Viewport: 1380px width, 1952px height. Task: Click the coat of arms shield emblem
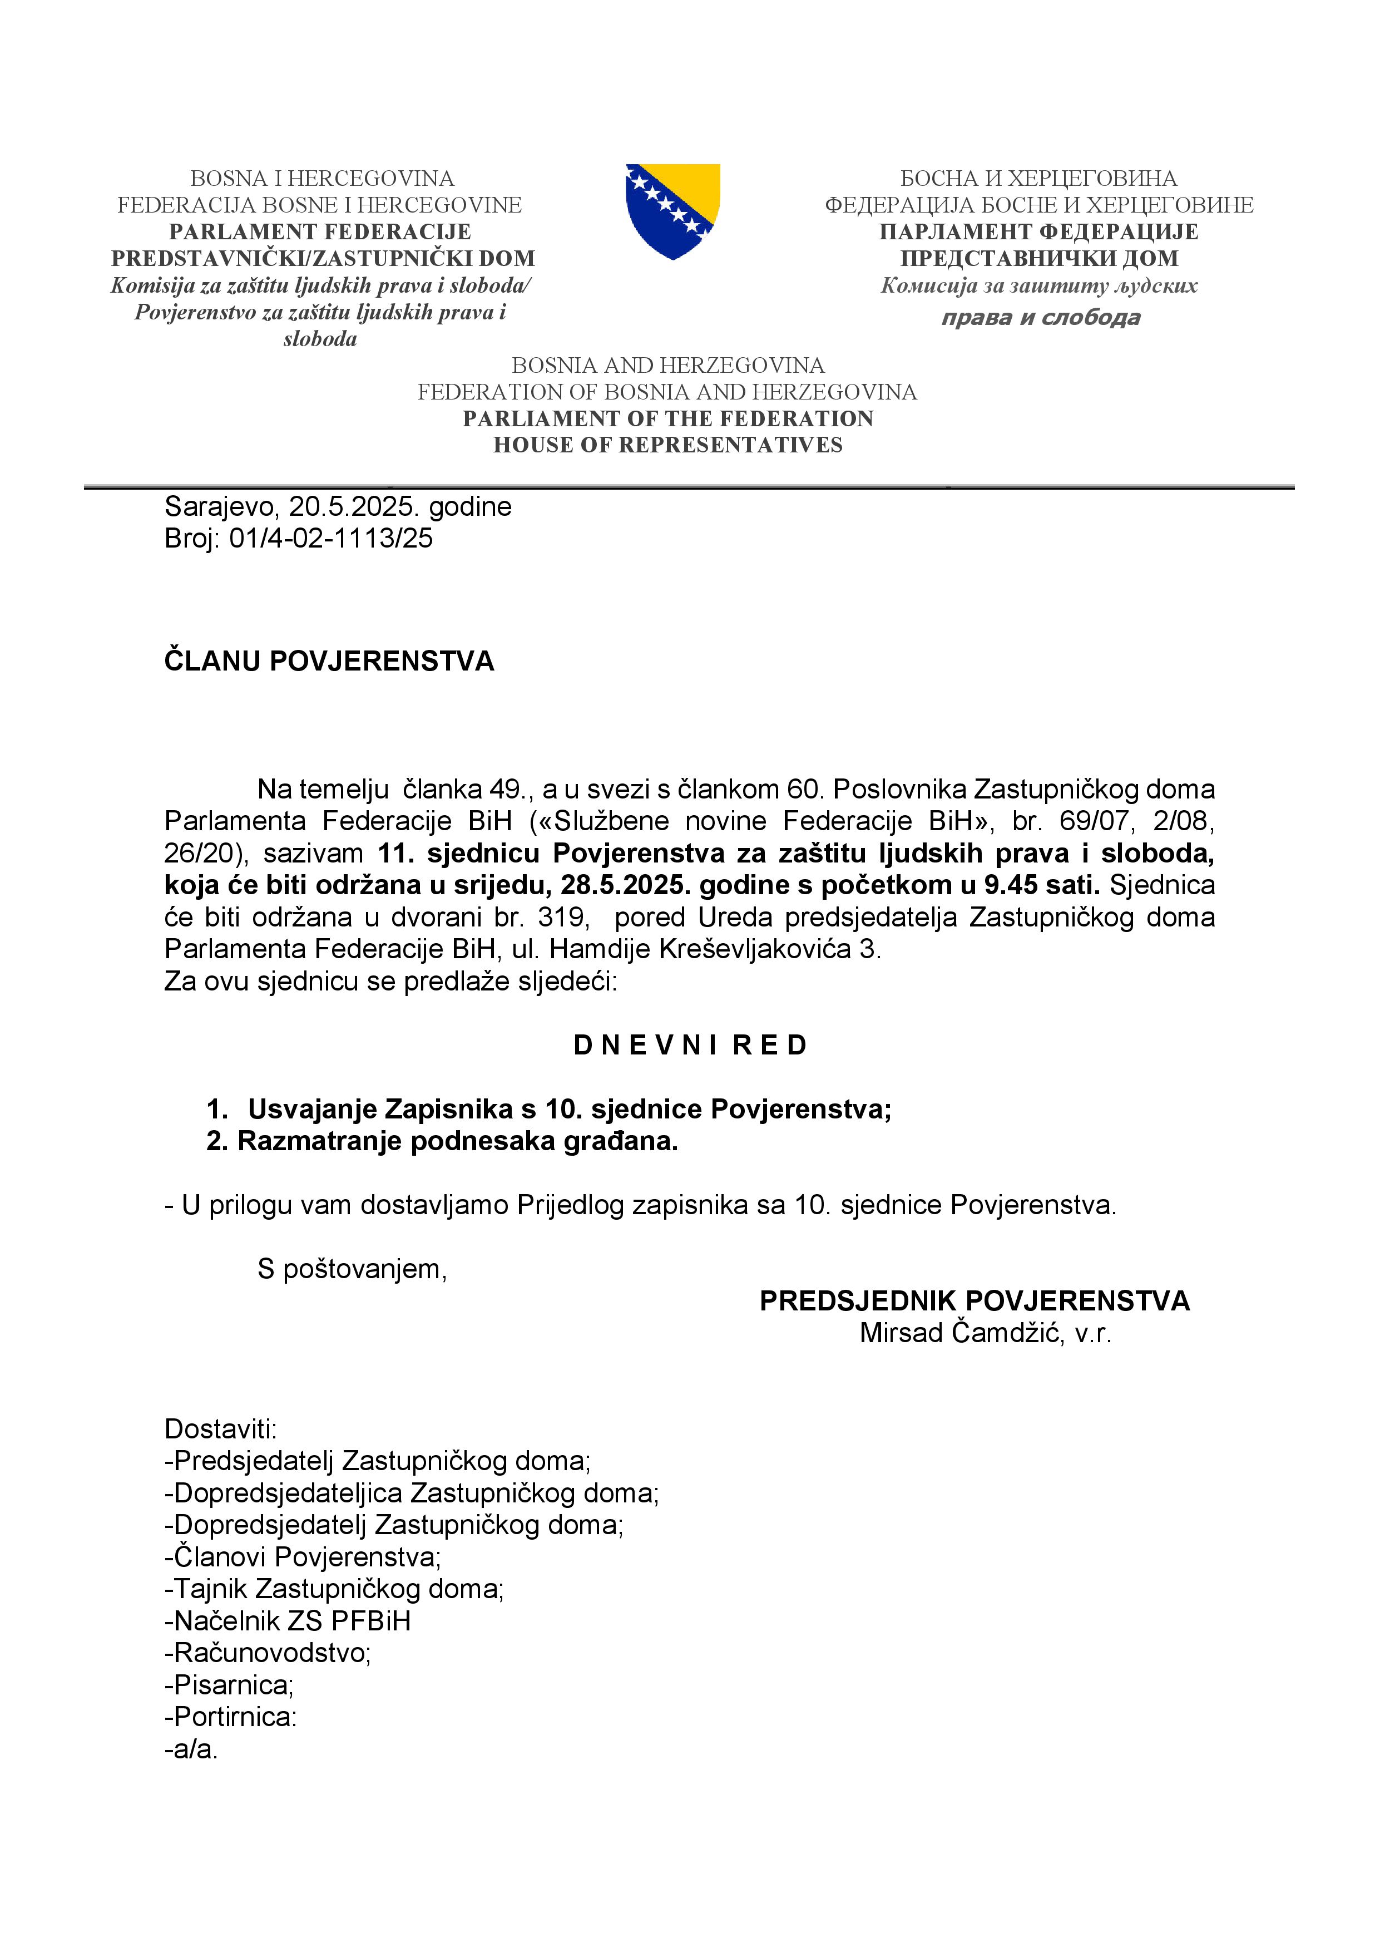[x=672, y=211]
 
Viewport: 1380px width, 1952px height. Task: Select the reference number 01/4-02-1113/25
[x=330, y=538]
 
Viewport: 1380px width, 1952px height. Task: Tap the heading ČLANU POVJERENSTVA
[x=329, y=662]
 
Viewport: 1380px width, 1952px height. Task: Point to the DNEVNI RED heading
[x=689, y=1045]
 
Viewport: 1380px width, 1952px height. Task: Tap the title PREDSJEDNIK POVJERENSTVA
[x=974, y=1301]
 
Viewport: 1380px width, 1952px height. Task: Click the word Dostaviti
[x=220, y=1428]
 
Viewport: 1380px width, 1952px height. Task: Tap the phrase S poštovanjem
[x=352, y=1269]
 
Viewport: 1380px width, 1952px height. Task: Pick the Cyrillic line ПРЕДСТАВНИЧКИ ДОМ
[x=1038, y=258]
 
